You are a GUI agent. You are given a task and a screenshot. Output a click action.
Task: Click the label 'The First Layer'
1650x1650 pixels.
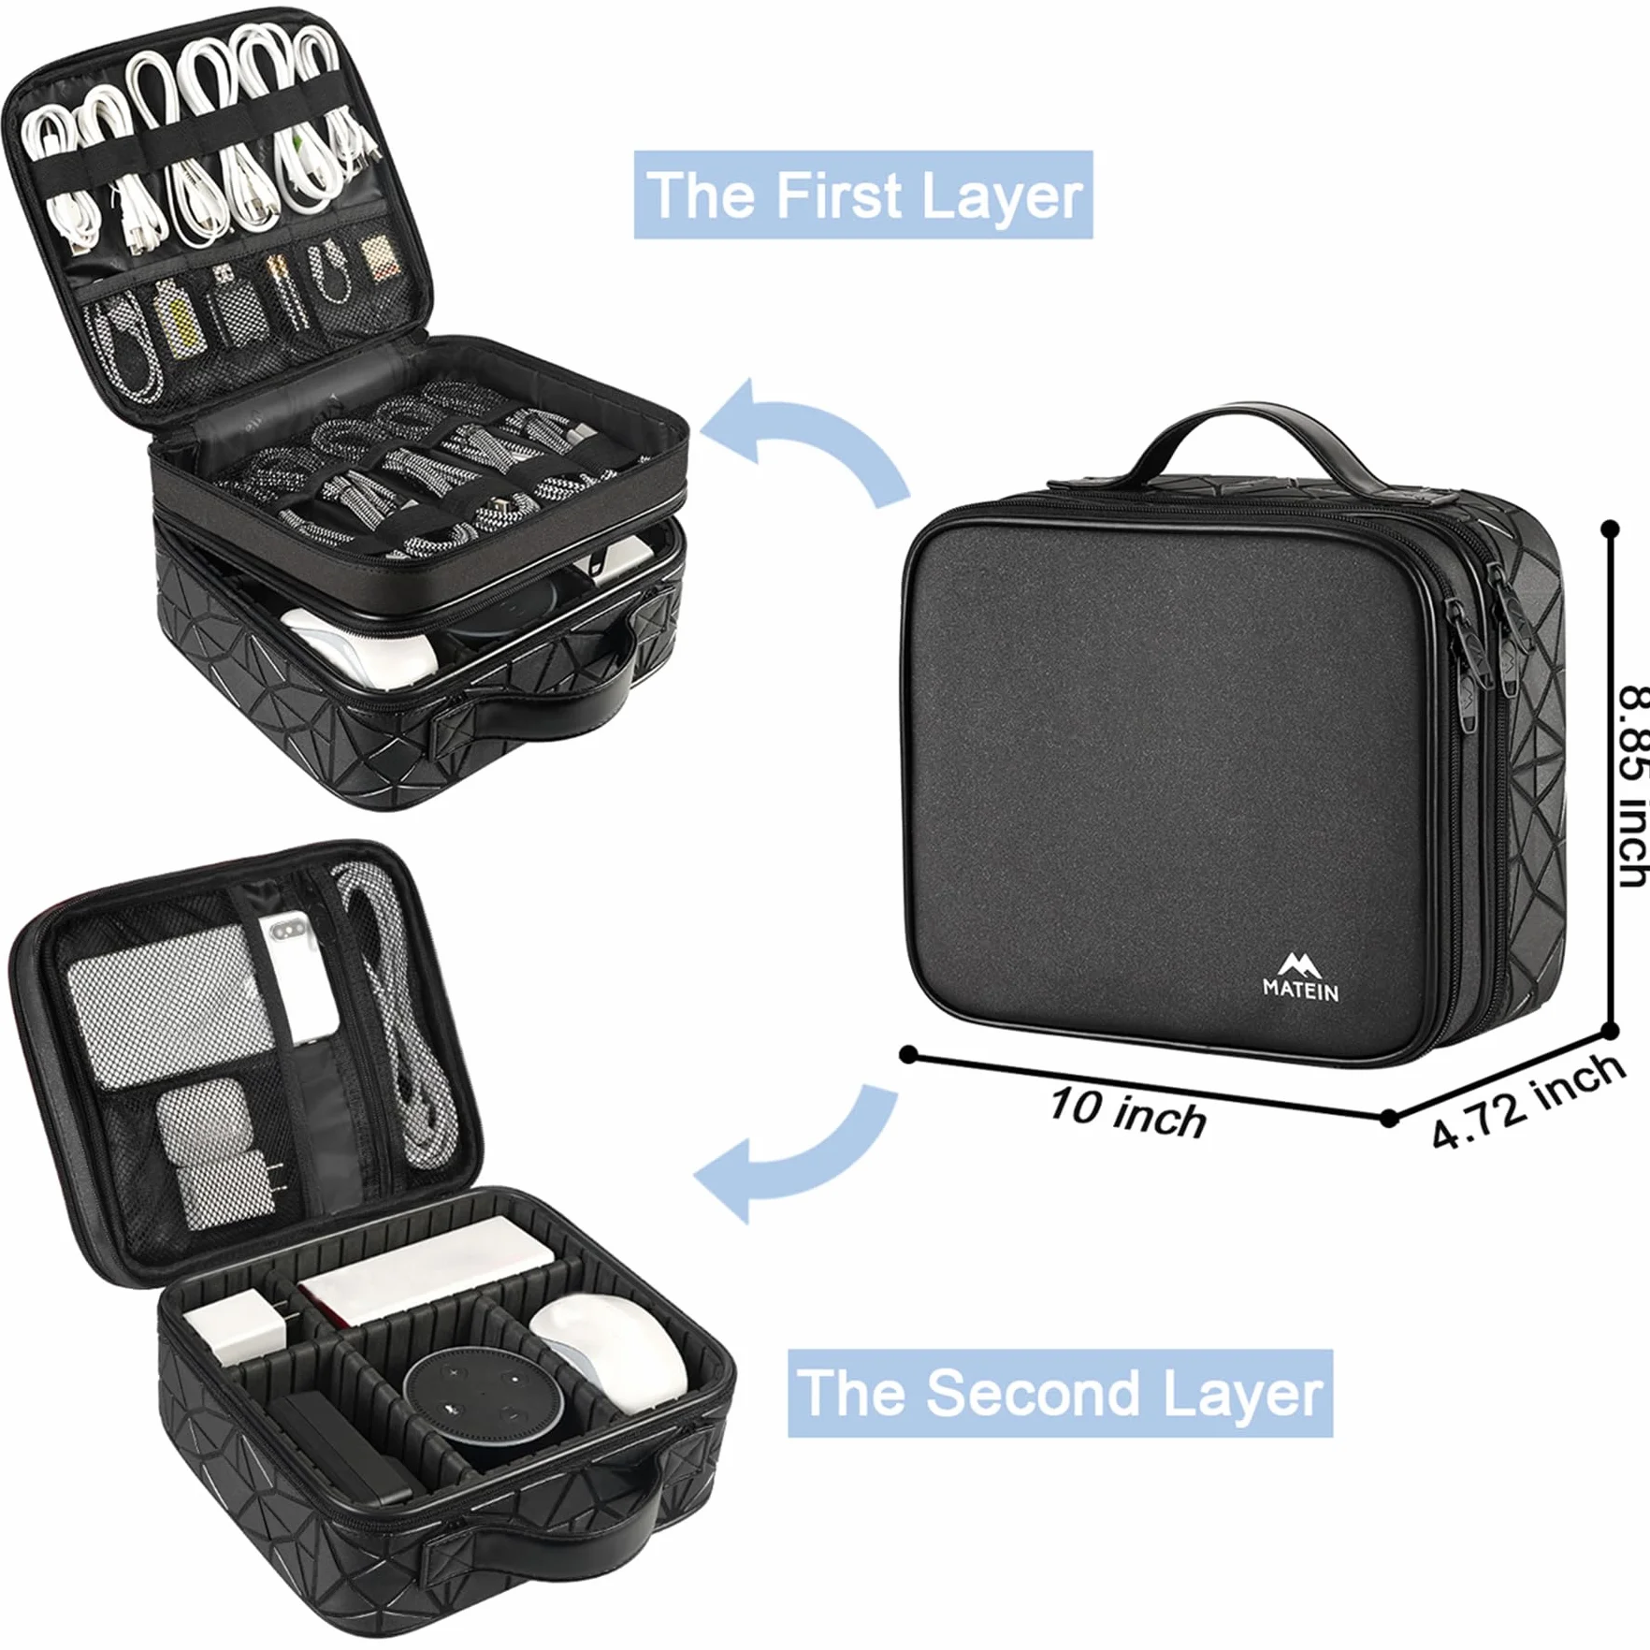[x=863, y=195]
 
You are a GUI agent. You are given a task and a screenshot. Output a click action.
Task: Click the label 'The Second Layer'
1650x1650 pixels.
[x=1060, y=1393]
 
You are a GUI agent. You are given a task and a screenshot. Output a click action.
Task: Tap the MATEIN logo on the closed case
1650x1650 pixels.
[x=1300, y=978]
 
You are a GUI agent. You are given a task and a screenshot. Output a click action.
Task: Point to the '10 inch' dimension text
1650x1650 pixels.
[x=1127, y=1112]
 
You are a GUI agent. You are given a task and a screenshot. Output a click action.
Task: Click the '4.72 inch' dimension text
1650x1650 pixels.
[x=1527, y=1098]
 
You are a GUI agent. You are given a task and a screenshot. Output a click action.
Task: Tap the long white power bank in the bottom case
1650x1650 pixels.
[x=426, y=1268]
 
